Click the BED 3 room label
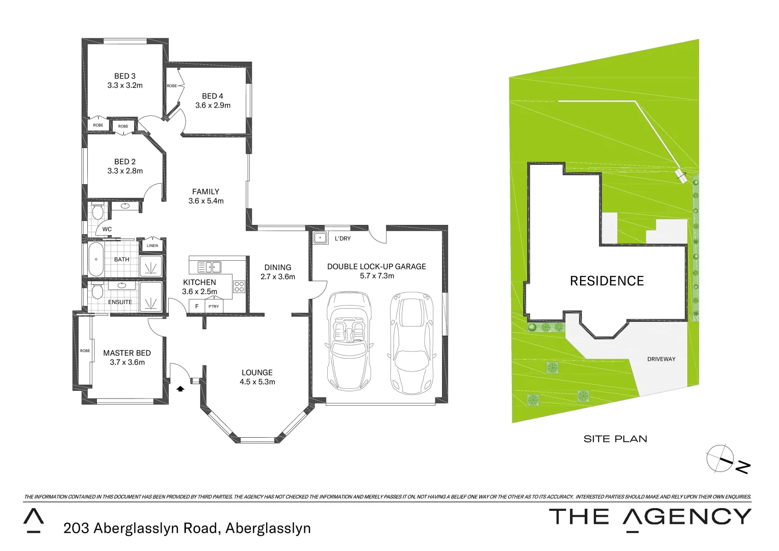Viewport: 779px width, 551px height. click(125, 76)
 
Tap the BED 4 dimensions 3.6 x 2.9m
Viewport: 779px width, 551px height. click(213, 106)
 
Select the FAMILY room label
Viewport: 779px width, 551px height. click(205, 192)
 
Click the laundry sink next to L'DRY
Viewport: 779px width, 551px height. click(320, 238)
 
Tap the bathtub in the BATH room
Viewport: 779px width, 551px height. click(96, 259)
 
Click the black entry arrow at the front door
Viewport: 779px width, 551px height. click(180, 389)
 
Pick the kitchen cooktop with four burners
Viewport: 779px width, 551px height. click(239, 287)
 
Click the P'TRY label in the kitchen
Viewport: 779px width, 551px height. click(214, 307)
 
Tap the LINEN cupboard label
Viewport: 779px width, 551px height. click(152, 246)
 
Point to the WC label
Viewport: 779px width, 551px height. click(107, 229)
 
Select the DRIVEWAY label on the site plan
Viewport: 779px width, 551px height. click(661, 359)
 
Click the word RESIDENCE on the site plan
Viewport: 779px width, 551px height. click(607, 281)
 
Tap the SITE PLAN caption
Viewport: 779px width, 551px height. click(615, 439)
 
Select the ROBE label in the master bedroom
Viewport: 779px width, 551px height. click(85, 351)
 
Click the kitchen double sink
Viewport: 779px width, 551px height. click(209, 267)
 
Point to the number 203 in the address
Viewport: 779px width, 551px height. click(76, 529)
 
